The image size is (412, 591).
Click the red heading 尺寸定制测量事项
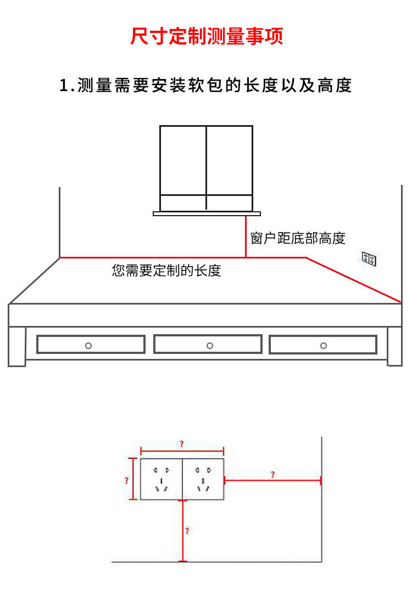206,37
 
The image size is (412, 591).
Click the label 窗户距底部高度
298,238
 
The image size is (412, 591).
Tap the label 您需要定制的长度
166,270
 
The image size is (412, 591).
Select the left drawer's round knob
88,345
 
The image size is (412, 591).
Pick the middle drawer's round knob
209,345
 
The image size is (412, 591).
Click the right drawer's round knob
323,345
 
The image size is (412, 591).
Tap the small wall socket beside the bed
369,259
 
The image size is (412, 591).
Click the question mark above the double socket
182,443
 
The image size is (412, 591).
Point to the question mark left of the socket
127,480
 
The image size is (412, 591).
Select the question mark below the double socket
187,531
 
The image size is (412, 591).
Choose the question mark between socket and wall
272,475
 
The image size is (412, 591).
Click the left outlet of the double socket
161,479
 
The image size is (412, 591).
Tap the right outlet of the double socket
203,479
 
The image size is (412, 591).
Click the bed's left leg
17,346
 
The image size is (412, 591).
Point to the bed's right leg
394,346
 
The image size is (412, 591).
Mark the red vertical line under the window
246,236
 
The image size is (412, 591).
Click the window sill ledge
207,213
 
